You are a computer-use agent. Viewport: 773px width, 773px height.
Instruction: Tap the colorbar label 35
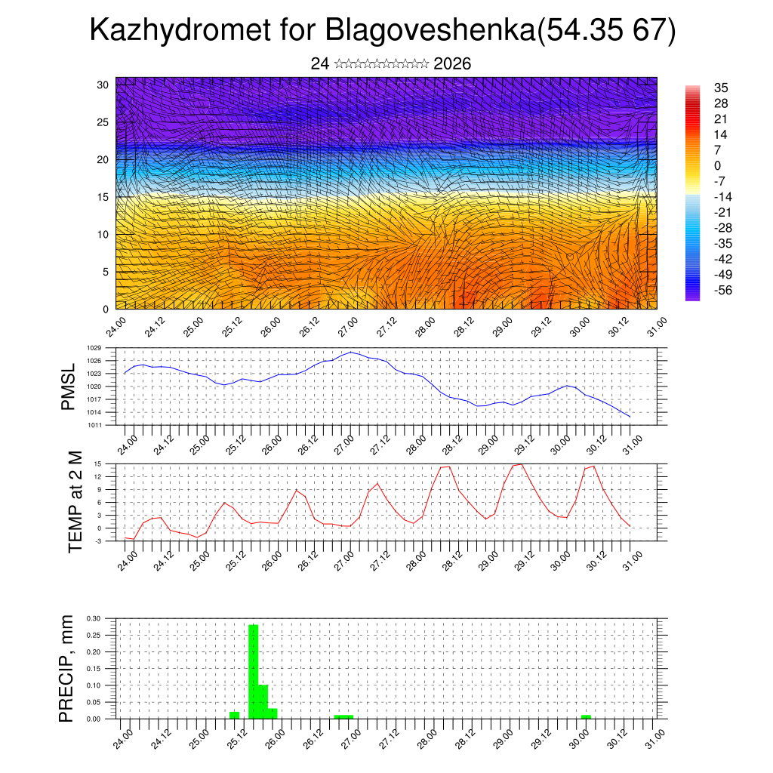[x=721, y=88]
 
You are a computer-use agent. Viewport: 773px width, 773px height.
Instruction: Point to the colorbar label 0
[x=717, y=165]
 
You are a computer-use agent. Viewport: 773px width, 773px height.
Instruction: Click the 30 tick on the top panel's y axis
[x=103, y=84]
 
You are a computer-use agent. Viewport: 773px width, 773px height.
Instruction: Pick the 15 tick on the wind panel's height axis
[x=103, y=196]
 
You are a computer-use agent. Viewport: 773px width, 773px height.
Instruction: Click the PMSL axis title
[x=69, y=387]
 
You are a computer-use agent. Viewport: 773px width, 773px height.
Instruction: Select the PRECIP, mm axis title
[x=68, y=668]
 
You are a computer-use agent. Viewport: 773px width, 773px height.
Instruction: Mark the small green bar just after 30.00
[x=587, y=716]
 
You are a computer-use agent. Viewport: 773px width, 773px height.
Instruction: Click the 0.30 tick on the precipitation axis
[x=94, y=618]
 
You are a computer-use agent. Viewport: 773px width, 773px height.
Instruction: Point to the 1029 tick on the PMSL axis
[x=94, y=348]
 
